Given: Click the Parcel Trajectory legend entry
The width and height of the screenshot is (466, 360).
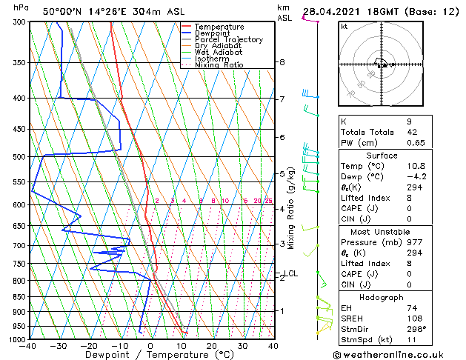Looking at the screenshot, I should [228, 40].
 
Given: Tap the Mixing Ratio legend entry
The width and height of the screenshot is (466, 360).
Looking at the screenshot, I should [219, 65].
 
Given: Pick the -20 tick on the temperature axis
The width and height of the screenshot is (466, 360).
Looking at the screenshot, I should [89, 346].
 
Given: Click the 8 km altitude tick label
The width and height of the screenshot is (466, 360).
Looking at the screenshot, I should [282, 62].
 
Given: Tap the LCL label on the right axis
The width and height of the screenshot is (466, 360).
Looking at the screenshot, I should [291, 274].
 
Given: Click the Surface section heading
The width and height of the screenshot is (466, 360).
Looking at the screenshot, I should [382, 156].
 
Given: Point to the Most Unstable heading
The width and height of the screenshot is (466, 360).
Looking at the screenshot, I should [382, 232].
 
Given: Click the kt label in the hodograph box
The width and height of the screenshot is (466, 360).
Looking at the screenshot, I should [344, 27].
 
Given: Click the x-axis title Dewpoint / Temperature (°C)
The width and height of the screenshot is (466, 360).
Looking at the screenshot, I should [151, 355].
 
